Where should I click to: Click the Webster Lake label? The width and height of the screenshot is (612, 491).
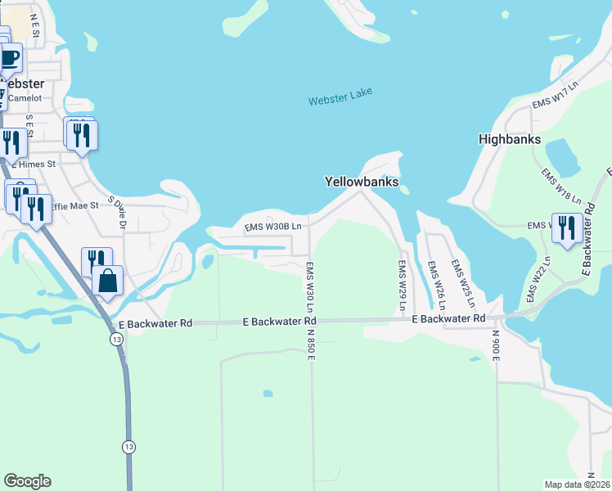(x=340, y=96)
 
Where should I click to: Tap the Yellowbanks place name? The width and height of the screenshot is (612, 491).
(x=361, y=182)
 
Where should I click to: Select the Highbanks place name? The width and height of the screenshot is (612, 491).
(x=510, y=140)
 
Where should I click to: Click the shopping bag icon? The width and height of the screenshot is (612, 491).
(x=108, y=281)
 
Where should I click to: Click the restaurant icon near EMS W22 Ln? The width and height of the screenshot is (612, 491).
(x=566, y=227)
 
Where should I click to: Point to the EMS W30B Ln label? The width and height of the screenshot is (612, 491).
(x=274, y=226)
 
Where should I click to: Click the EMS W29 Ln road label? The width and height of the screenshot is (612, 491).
(x=403, y=286)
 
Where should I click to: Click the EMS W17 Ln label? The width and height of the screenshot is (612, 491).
(x=555, y=94)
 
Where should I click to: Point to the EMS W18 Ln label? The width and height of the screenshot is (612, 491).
(x=561, y=187)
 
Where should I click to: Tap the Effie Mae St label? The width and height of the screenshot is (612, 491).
(x=74, y=206)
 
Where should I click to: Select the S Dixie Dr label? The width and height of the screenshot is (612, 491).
(x=123, y=211)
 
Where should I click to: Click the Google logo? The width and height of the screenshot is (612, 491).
(x=27, y=481)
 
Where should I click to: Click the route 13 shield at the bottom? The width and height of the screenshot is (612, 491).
(x=128, y=447)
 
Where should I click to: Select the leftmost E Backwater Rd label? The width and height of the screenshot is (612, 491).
(x=155, y=324)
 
